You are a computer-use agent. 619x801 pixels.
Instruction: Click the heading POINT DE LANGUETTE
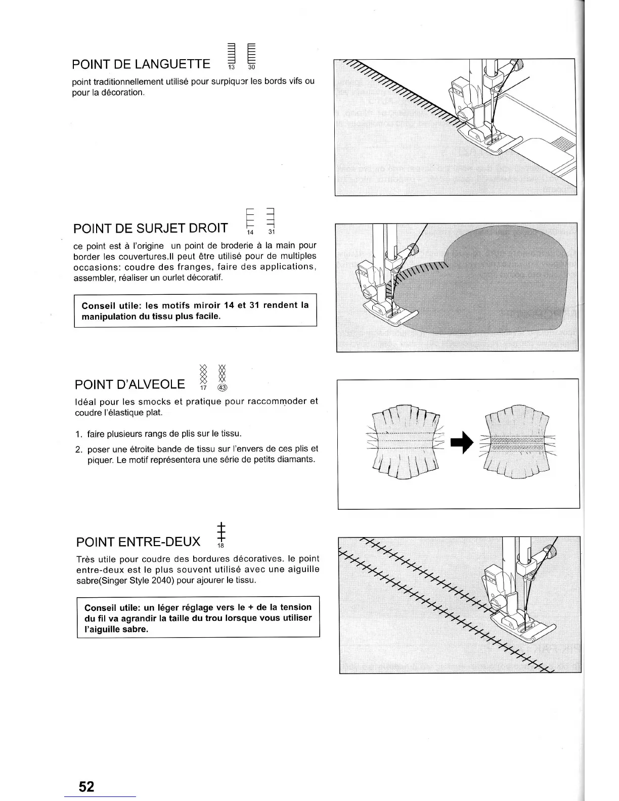(141, 64)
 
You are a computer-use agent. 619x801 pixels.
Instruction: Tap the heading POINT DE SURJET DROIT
(150, 228)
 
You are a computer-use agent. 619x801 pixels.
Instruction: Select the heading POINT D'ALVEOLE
(130, 385)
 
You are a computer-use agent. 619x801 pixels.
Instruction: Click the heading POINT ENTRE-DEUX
(138, 543)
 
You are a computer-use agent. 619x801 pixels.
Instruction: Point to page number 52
(86, 786)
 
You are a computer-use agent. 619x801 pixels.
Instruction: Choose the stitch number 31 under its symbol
(271, 233)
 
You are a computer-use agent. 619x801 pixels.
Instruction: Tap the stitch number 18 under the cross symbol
(220, 546)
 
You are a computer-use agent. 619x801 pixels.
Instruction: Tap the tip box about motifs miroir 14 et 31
(195, 310)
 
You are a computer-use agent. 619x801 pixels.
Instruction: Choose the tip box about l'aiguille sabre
(198, 618)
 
